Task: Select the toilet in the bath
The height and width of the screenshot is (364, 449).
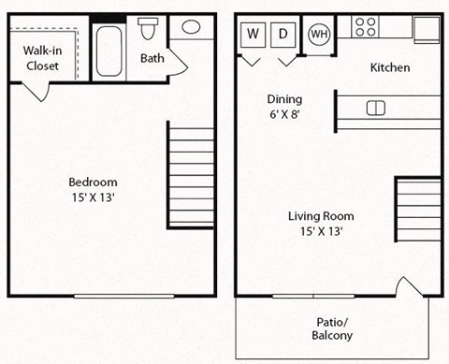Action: click(148, 29)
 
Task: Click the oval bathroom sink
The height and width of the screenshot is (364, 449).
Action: click(191, 27)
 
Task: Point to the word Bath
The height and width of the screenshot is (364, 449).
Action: click(152, 59)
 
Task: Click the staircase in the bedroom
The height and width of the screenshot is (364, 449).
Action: click(191, 175)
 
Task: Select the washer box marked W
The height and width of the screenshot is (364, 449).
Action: click(253, 34)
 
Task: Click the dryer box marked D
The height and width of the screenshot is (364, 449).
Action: click(283, 34)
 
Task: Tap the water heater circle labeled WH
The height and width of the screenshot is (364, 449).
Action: click(319, 34)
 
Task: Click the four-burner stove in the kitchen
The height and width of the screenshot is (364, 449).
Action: click(366, 26)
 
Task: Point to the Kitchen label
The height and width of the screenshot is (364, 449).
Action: click(390, 68)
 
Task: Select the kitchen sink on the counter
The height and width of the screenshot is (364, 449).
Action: click(375, 107)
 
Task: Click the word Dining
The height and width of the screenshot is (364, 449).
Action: click(284, 98)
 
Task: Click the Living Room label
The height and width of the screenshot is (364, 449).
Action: click(320, 215)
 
